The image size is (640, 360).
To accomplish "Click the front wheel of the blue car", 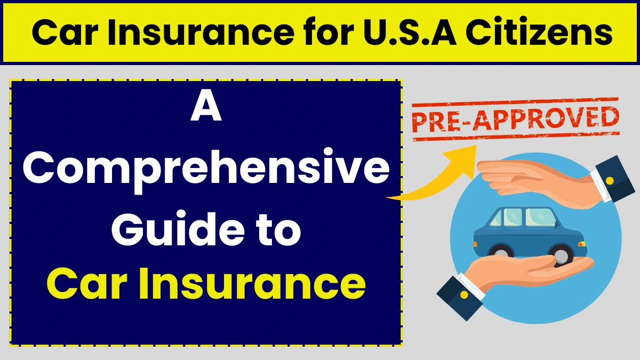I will pos(561,255).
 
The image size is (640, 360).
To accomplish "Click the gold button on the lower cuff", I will pos(463,294).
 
